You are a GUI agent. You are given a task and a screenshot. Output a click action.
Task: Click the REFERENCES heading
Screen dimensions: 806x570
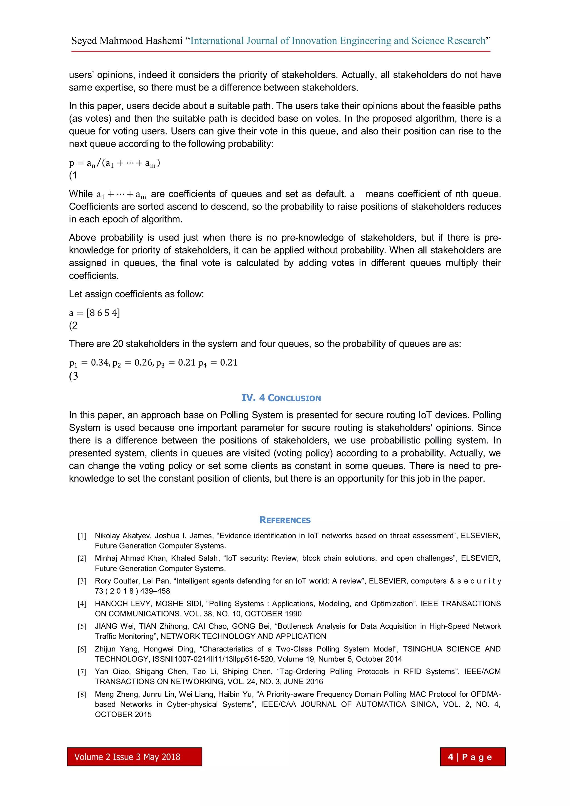(285, 520)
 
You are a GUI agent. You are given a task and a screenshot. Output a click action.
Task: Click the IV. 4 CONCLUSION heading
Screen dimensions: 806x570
(281, 398)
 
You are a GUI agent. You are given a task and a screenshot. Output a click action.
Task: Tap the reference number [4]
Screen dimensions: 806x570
(82, 604)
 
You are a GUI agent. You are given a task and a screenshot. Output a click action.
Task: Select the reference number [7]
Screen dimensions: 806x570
(82, 672)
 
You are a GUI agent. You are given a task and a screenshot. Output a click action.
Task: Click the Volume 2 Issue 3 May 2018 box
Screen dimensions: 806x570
(134, 757)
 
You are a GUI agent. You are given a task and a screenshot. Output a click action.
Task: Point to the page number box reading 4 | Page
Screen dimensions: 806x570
(472, 757)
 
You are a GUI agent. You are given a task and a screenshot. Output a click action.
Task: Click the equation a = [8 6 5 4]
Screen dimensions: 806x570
(94, 313)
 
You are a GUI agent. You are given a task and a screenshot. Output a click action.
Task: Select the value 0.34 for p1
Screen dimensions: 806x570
(100, 362)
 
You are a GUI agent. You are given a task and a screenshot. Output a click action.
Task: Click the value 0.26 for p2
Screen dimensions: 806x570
(143, 362)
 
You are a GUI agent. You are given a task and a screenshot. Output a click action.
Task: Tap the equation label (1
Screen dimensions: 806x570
(73, 175)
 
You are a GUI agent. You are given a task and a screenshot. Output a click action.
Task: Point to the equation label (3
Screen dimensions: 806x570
(73, 376)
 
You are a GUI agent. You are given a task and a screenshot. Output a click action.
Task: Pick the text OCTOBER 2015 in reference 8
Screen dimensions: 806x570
(123, 714)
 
